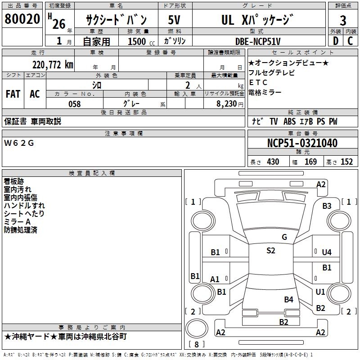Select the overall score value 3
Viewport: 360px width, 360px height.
click(x=343, y=20)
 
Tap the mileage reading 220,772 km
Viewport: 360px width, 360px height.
click(x=53, y=65)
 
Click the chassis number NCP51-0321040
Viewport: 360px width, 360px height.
click(x=302, y=144)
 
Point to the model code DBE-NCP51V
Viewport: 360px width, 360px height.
click(x=258, y=41)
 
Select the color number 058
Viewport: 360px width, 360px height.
click(x=74, y=103)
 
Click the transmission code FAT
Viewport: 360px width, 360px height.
click(x=13, y=94)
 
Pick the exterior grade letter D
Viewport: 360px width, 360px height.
click(x=335, y=41)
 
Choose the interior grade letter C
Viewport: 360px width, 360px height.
click(x=350, y=41)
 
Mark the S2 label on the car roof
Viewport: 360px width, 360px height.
click(x=270, y=251)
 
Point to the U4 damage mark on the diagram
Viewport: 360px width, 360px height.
click(x=327, y=252)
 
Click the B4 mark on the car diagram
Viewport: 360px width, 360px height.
click(x=288, y=299)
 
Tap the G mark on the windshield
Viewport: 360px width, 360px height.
click(x=284, y=237)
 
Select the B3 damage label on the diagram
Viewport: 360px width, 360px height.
click(x=327, y=206)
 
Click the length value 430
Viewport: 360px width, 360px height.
click(x=273, y=162)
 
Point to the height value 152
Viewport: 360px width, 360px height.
click(x=346, y=162)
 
